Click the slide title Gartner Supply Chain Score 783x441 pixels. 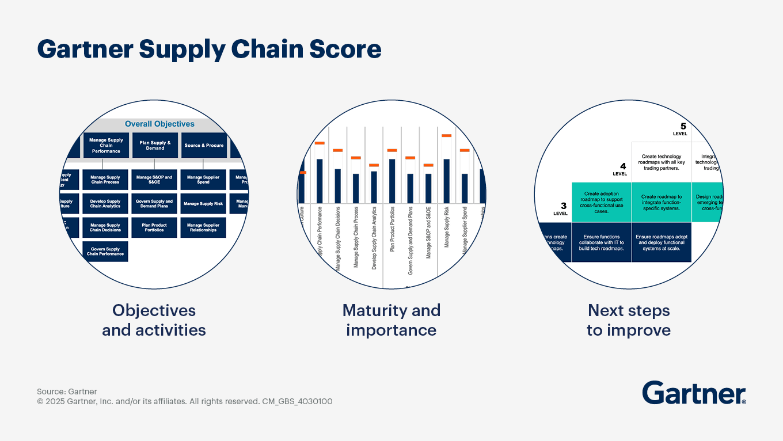click(209, 50)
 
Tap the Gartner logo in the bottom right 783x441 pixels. click(694, 393)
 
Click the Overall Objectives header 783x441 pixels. click(159, 124)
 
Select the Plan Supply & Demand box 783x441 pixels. click(155, 146)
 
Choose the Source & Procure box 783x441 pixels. click(204, 146)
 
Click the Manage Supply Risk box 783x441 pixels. click(203, 204)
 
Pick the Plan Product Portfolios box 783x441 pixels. click(154, 227)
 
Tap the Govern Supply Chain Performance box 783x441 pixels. click(106, 252)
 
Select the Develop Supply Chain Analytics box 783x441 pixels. click(106, 204)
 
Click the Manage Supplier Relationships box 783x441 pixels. click(203, 227)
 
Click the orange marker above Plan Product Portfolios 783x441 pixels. click(392, 150)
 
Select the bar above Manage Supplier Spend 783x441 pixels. click(465, 188)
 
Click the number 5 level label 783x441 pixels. click(683, 127)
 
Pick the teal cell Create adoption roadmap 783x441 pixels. click(601, 202)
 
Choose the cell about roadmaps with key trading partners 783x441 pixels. click(662, 162)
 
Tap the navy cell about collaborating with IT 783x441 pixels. click(601, 242)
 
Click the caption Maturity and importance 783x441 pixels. click(391, 320)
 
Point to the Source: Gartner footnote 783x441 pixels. click(67, 391)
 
